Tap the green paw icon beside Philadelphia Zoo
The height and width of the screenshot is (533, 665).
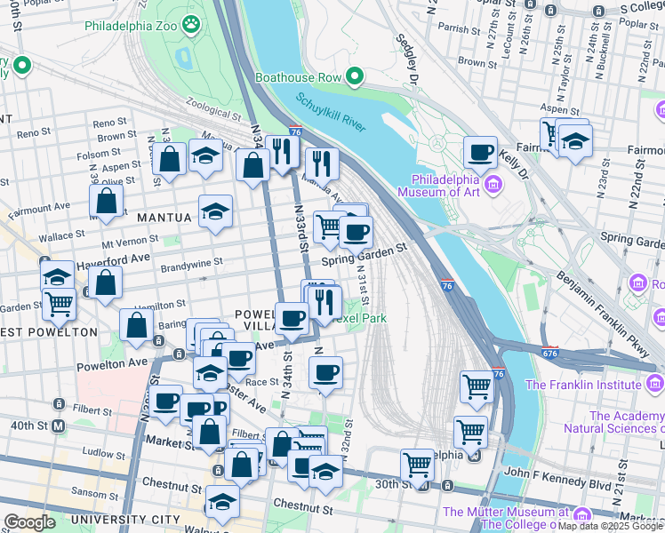[191, 25]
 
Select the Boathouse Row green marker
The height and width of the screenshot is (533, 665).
[355, 77]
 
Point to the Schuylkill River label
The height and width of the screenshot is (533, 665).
[331, 113]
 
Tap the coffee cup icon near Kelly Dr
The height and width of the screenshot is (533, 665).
[480, 152]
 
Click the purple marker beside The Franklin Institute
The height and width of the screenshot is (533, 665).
[654, 384]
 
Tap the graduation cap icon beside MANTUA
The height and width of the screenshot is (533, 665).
[214, 211]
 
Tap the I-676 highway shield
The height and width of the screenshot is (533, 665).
[549, 353]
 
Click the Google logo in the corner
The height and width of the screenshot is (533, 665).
[29, 522]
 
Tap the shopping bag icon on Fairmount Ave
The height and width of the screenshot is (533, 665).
[106, 203]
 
